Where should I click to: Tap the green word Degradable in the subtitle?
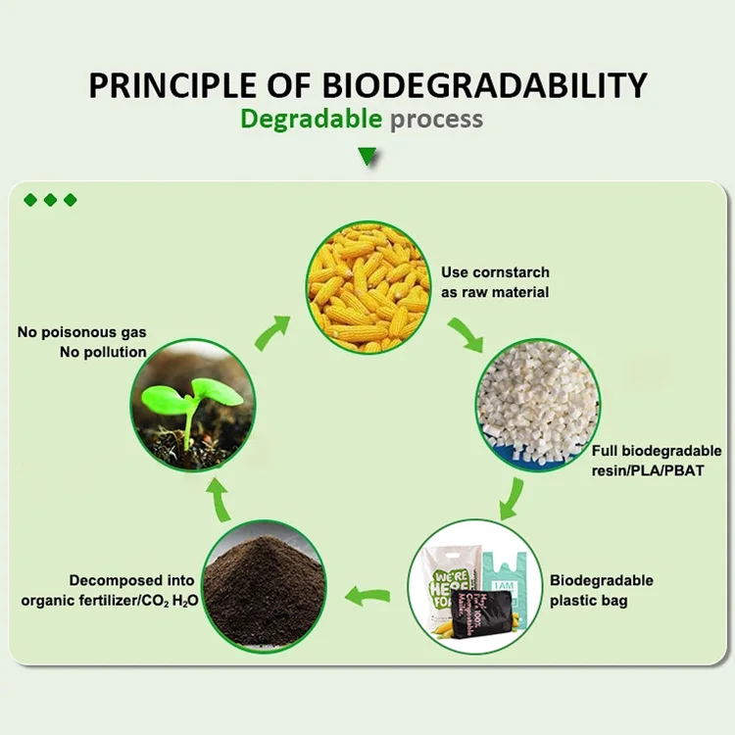[311, 120]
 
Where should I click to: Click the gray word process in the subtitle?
[436, 120]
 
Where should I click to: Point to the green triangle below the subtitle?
[367, 156]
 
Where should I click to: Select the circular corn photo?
[368, 285]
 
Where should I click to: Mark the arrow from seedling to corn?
[271, 332]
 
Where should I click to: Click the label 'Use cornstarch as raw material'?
[494, 282]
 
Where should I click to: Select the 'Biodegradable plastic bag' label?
[601, 590]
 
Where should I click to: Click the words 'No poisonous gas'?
[82, 332]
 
